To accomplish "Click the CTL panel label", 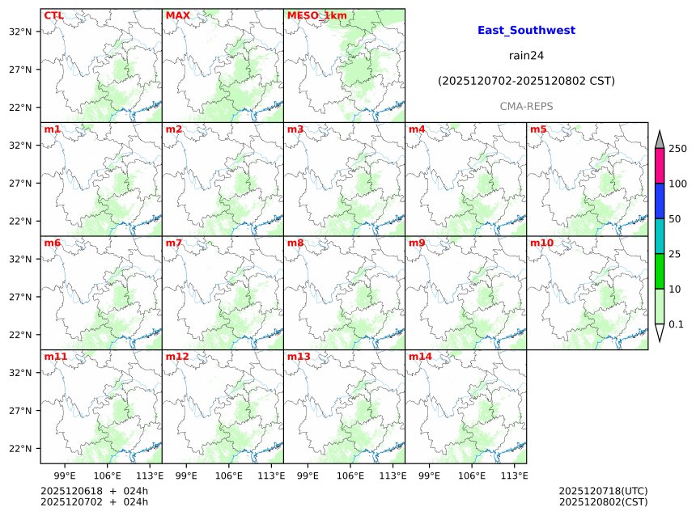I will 53,15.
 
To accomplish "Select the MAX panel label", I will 177,15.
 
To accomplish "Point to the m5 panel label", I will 538,129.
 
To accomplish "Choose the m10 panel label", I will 541,243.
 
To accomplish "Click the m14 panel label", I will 420,357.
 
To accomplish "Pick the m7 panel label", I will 174,243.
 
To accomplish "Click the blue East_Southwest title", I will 526,31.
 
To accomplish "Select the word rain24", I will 526,56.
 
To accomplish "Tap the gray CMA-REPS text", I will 526,107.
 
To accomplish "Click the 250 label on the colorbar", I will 677,149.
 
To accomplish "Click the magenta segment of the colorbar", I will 660,166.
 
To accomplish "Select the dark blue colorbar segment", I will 660,201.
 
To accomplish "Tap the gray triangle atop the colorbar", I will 660,140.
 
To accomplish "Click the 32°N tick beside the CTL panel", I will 20,32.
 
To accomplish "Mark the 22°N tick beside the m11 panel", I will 20,449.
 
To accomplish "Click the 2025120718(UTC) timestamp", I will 603,491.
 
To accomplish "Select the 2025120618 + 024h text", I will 94,491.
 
